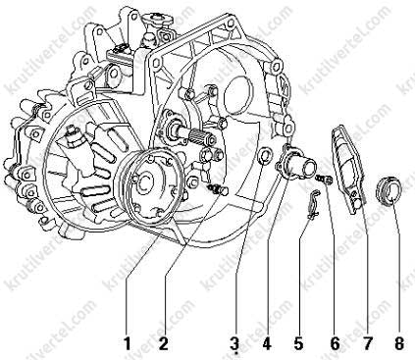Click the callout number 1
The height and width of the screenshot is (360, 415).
[x=127, y=343]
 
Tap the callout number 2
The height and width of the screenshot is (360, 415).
[x=163, y=343]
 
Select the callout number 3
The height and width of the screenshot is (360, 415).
[x=234, y=343]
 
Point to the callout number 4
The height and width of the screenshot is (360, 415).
[x=267, y=343]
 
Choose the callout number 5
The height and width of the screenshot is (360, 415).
[x=298, y=343]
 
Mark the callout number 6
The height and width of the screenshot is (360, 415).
[x=335, y=343]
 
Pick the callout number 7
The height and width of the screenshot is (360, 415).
[x=367, y=343]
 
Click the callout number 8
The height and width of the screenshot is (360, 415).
[x=399, y=343]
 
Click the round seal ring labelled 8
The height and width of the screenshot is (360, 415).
[x=389, y=191]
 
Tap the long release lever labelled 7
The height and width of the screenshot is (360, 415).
[x=346, y=169]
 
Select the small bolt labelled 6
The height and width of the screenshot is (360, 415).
[x=324, y=180]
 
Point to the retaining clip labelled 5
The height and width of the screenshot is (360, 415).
[x=313, y=204]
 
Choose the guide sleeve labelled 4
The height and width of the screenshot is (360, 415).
[x=295, y=162]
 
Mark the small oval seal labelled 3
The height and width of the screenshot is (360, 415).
[x=265, y=156]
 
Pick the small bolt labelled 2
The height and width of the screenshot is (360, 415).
[x=218, y=189]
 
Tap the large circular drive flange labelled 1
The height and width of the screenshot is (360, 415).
[x=153, y=187]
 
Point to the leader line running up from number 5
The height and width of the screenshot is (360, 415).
[x=303, y=278]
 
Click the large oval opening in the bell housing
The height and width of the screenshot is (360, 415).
[x=238, y=95]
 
